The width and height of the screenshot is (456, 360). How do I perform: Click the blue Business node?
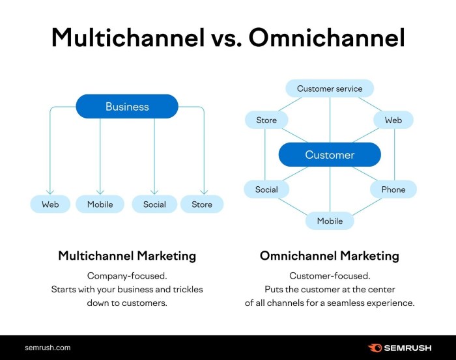coord(127,107)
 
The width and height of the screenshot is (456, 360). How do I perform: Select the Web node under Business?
coord(50,204)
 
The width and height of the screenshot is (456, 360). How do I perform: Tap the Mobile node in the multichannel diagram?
coord(100,204)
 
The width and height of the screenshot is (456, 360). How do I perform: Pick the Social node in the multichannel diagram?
coord(154,204)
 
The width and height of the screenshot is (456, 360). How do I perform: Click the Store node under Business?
coord(202,204)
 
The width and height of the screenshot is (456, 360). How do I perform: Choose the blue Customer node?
coord(330,155)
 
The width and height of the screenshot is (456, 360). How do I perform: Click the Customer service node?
coord(330,89)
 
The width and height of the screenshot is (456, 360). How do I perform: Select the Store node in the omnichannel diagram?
coord(266,120)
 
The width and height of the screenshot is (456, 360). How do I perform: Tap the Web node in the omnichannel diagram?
coord(393,120)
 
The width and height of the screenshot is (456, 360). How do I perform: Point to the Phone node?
coord(393,189)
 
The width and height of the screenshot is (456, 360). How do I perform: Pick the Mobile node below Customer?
coord(330,221)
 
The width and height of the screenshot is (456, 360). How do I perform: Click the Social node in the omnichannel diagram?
coord(266,189)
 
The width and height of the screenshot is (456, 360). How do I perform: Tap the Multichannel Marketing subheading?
coord(127,256)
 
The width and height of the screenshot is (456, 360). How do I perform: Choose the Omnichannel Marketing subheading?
coord(330,256)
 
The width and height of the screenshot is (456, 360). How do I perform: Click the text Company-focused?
coord(127,275)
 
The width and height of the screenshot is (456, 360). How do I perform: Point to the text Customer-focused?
coord(330,275)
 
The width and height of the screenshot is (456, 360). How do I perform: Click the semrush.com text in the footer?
coord(48,348)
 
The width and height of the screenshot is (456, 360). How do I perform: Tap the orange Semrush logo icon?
coord(375,348)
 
